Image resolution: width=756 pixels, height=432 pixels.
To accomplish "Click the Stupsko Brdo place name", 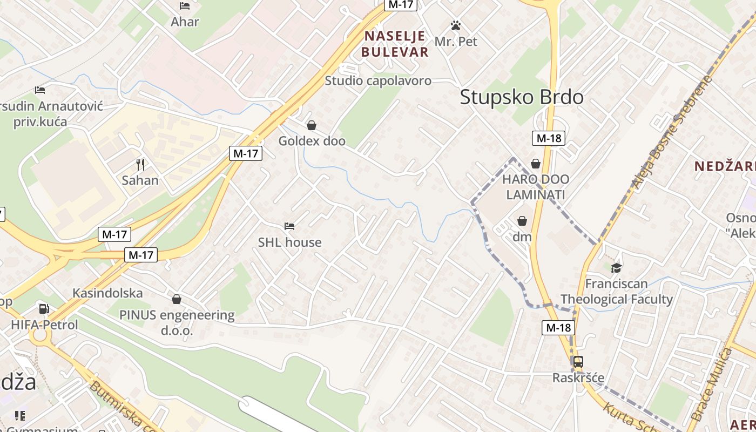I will pyautogui.click(x=522, y=97).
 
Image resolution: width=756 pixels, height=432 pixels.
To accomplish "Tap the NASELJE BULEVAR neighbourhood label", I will pyautogui.click(x=395, y=44).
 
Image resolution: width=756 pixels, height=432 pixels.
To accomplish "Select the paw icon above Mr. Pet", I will pyautogui.click(x=456, y=25).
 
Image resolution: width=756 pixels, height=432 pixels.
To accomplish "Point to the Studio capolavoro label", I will pyautogui.click(x=378, y=81).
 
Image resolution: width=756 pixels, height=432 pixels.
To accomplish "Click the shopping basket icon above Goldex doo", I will pyautogui.click(x=312, y=126).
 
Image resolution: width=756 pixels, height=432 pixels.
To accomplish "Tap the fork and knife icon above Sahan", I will pyautogui.click(x=140, y=164).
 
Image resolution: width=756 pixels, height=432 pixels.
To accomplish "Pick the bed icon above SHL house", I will pyautogui.click(x=289, y=226).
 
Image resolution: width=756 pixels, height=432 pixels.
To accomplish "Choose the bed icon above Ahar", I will pyautogui.click(x=185, y=6).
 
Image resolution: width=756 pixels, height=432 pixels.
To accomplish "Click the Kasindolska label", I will pyautogui.click(x=108, y=293).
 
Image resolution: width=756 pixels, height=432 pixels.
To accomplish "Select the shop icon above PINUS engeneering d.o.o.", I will pyautogui.click(x=177, y=299).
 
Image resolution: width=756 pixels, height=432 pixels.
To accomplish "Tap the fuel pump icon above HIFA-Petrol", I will pyautogui.click(x=44, y=309).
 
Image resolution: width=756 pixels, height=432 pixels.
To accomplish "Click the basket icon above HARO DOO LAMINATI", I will pyautogui.click(x=536, y=163).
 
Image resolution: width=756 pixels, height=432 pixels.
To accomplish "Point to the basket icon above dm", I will pyautogui.click(x=522, y=221).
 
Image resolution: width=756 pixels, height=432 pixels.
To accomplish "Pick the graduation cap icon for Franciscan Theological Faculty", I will pyautogui.click(x=616, y=268).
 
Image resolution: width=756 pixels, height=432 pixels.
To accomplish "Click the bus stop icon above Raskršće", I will pyautogui.click(x=578, y=362).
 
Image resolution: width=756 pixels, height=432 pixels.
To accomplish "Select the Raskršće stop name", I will pyautogui.click(x=578, y=378).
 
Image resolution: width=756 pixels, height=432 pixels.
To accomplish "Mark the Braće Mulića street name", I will pyautogui.click(x=711, y=385).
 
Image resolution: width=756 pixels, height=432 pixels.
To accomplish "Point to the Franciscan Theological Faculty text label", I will pyautogui.click(x=616, y=292).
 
